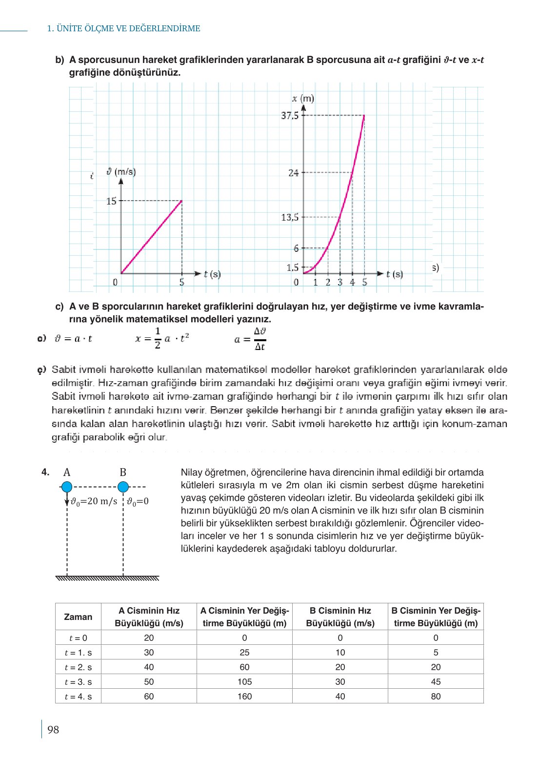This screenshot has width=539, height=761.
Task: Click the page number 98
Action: coord(53,730)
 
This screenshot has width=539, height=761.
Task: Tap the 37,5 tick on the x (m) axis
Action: coord(290,116)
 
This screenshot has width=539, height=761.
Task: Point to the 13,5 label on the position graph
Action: coord(290,217)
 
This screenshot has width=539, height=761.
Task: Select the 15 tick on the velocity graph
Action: coord(112,201)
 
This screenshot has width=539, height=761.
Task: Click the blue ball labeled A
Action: coord(67,487)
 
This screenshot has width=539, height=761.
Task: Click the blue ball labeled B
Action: coord(123,487)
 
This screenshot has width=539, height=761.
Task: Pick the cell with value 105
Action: coord(244,681)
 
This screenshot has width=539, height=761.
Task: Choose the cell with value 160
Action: coord(244,696)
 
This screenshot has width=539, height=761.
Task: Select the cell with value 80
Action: coord(436,696)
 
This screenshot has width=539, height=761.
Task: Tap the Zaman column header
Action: coord(78,617)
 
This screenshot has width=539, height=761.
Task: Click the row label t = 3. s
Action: coord(78,681)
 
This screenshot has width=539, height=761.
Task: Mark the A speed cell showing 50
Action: coord(149,681)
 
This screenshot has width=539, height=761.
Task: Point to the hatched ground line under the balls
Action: coord(107,578)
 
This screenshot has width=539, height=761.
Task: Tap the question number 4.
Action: coord(45,472)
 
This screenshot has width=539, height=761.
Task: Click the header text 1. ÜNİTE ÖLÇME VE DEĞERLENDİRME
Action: coord(123,29)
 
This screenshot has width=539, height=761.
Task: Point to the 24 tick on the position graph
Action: coord(294,173)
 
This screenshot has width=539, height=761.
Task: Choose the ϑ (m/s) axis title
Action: coord(121,172)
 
